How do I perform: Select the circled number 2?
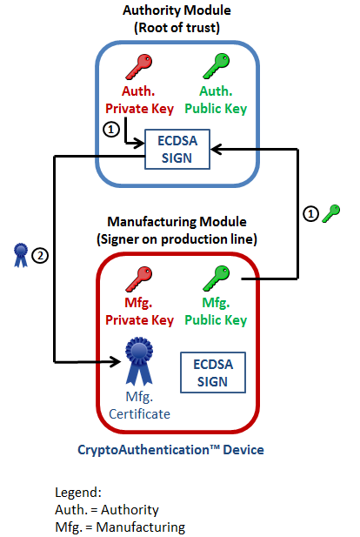click(39, 255)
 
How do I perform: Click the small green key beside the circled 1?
click(330, 212)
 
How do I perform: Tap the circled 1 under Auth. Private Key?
click(110, 129)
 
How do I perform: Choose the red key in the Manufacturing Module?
click(139, 281)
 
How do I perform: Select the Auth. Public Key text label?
click(213, 102)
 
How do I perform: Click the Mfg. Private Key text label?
click(139, 312)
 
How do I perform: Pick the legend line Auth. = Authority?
click(107, 509)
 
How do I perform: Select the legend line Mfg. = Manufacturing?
click(120, 527)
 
